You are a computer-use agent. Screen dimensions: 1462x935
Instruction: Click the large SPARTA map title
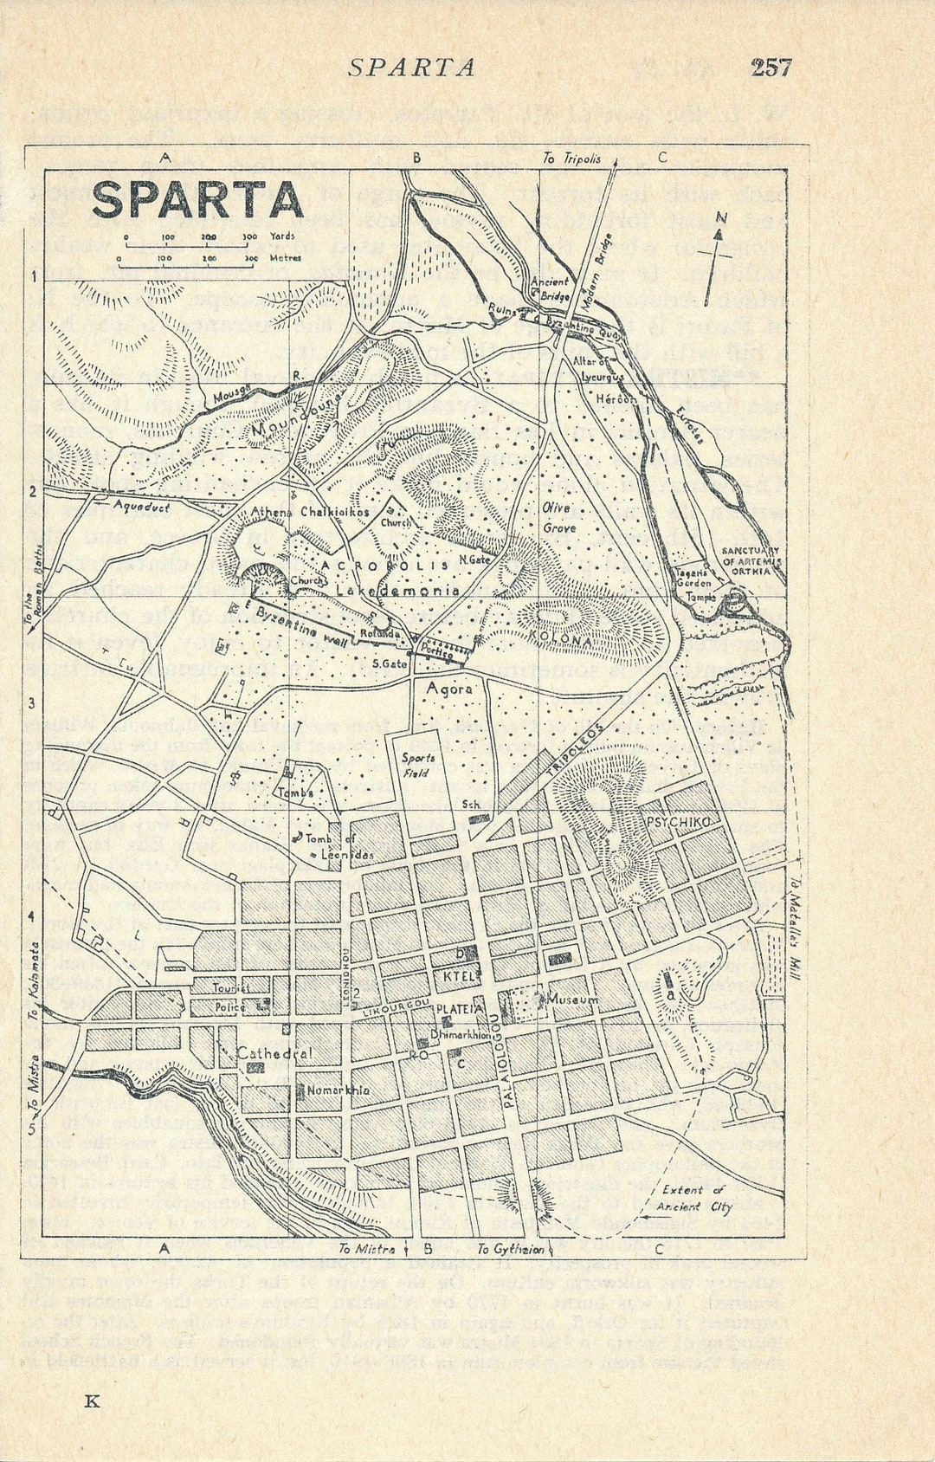[x=197, y=201]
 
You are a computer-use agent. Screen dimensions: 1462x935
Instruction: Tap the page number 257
[x=771, y=68]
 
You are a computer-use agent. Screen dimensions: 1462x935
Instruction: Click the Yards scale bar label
[x=282, y=236]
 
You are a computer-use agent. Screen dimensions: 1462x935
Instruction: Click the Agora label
[x=450, y=689]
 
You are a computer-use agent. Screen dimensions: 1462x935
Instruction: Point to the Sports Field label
[x=418, y=765]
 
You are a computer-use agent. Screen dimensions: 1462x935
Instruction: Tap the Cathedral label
[x=274, y=1053]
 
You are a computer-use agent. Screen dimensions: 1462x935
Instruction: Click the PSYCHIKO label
[x=678, y=821]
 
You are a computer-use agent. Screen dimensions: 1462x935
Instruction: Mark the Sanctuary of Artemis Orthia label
[x=751, y=560]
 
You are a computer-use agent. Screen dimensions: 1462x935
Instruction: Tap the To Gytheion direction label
[x=511, y=1249]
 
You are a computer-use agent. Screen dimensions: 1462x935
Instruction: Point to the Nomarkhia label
[x=339, y=1090]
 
